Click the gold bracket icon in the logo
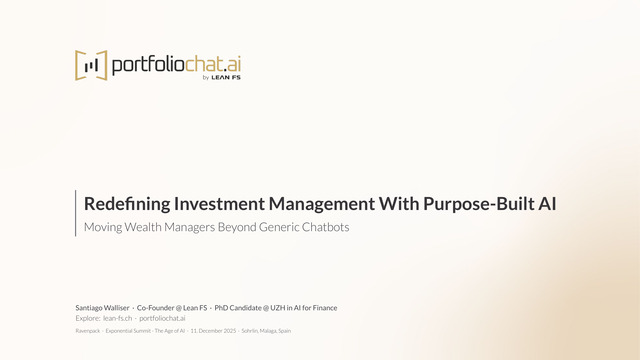tap(91, 65)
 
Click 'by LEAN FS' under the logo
tap(221, 79)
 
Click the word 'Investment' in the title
tap(223, 204)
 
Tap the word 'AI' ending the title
tap(546, 204)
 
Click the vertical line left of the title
tap(76, 213)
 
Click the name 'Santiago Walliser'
tap(102, 307)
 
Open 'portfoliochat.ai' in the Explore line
tap(162, 318)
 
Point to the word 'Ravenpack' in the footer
tap(88, 330)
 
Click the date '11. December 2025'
tap(213, 330)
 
